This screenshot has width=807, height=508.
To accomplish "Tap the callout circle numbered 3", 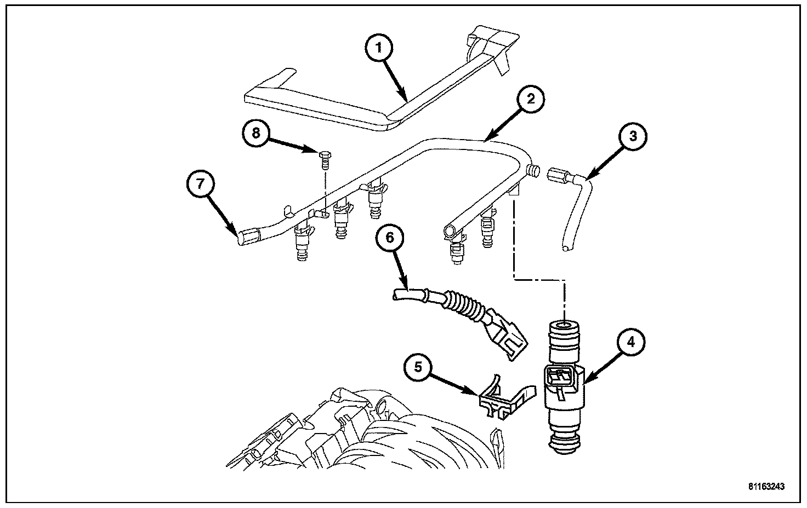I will click(x=632, y=136).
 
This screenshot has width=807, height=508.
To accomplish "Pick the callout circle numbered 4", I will click(x=631, y=342).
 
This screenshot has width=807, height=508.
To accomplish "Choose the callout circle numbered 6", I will click(x=390, y=238).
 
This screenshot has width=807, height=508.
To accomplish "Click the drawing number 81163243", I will click(x=767, y=486).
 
